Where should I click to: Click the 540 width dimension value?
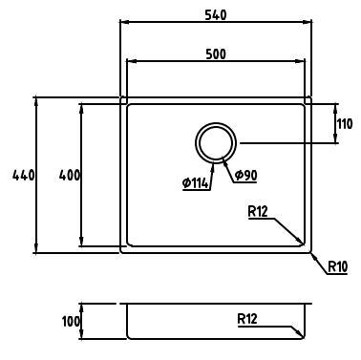pyautogui.click(x=216, y=14)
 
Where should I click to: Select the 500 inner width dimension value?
pyautogui.click(x=216, y=54)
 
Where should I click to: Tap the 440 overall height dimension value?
pyautogui.click(x=23, y=176)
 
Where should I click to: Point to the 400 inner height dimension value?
pyautogui.click(x=69, y=176)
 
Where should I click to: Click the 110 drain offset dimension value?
pyautogui.click(x=345, y=124)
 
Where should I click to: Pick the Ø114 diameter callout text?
pyautogui.click(x=196, y=183)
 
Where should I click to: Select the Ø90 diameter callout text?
pyautogui.click(x=245, y=175)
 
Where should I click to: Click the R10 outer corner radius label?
pyautogui.click(x=338, y=266)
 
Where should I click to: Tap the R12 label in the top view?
pyautogui.click(x=258, y=212)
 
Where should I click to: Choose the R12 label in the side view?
pyautogui.click(x=247, y=319)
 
